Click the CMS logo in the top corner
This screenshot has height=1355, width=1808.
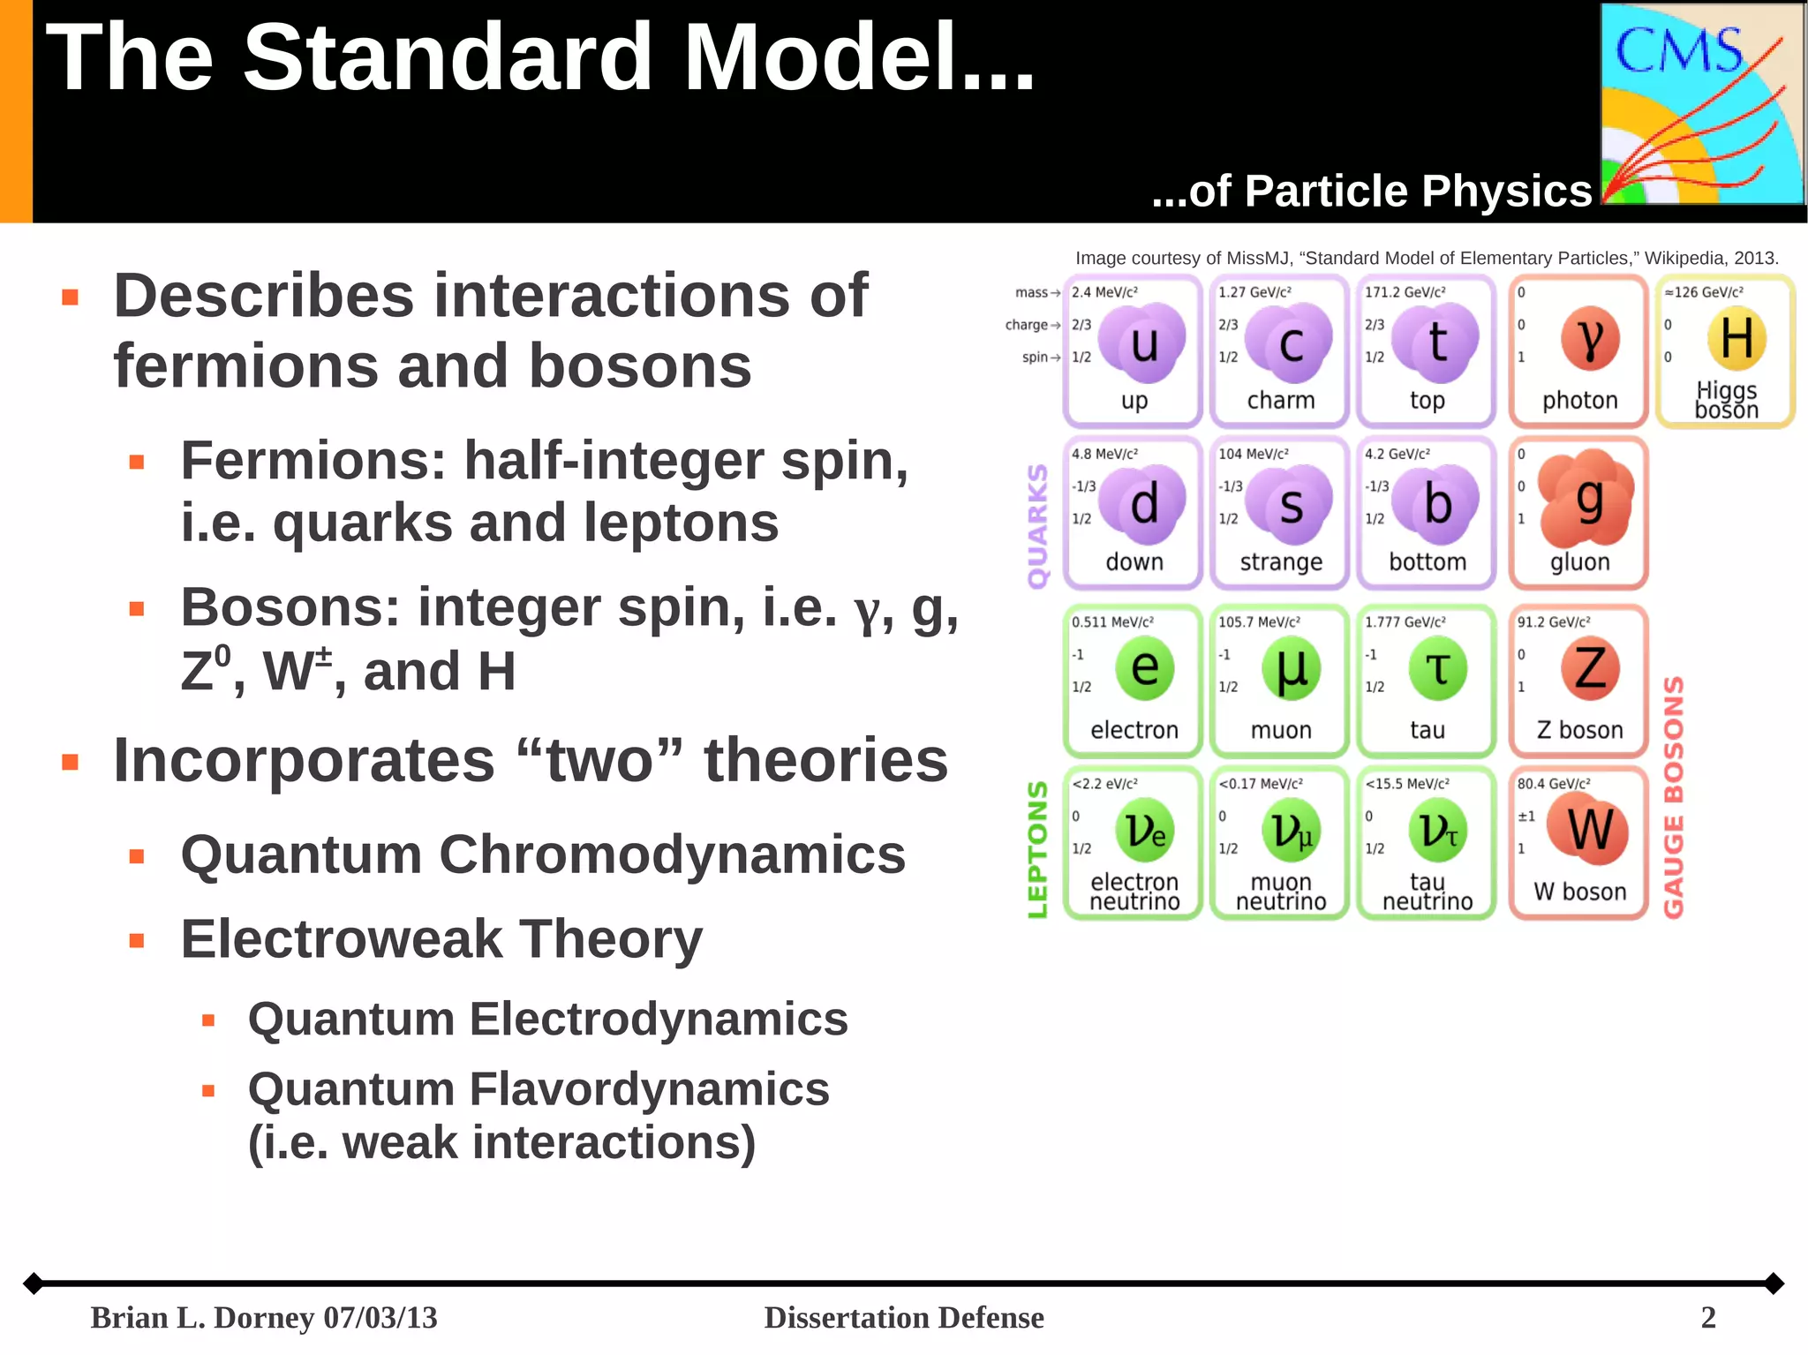[1701, 104]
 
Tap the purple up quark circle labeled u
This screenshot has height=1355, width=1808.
[1142, 343]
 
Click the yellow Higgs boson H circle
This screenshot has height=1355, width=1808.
[1736, 338]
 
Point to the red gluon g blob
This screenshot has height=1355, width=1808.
[1586, 498]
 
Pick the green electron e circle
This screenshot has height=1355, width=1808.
[1144, 668]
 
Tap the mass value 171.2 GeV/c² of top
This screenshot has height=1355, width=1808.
[1405, 292]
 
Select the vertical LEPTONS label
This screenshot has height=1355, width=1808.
[1038, 848]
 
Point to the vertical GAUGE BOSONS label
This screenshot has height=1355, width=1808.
[1674, 796]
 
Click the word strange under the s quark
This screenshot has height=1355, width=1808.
[1280, 562]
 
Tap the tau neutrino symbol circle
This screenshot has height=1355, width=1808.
[1437, 830]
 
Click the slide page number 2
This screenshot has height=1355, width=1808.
[1707, 1317]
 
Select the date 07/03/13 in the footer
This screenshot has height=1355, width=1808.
[380, 1317]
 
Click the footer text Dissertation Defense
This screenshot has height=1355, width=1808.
[903, 1317]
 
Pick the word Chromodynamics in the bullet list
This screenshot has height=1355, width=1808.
[672, 854]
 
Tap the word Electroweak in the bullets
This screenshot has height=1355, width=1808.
[341, 938]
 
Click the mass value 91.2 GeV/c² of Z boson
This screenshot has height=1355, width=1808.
[1553, 622]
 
